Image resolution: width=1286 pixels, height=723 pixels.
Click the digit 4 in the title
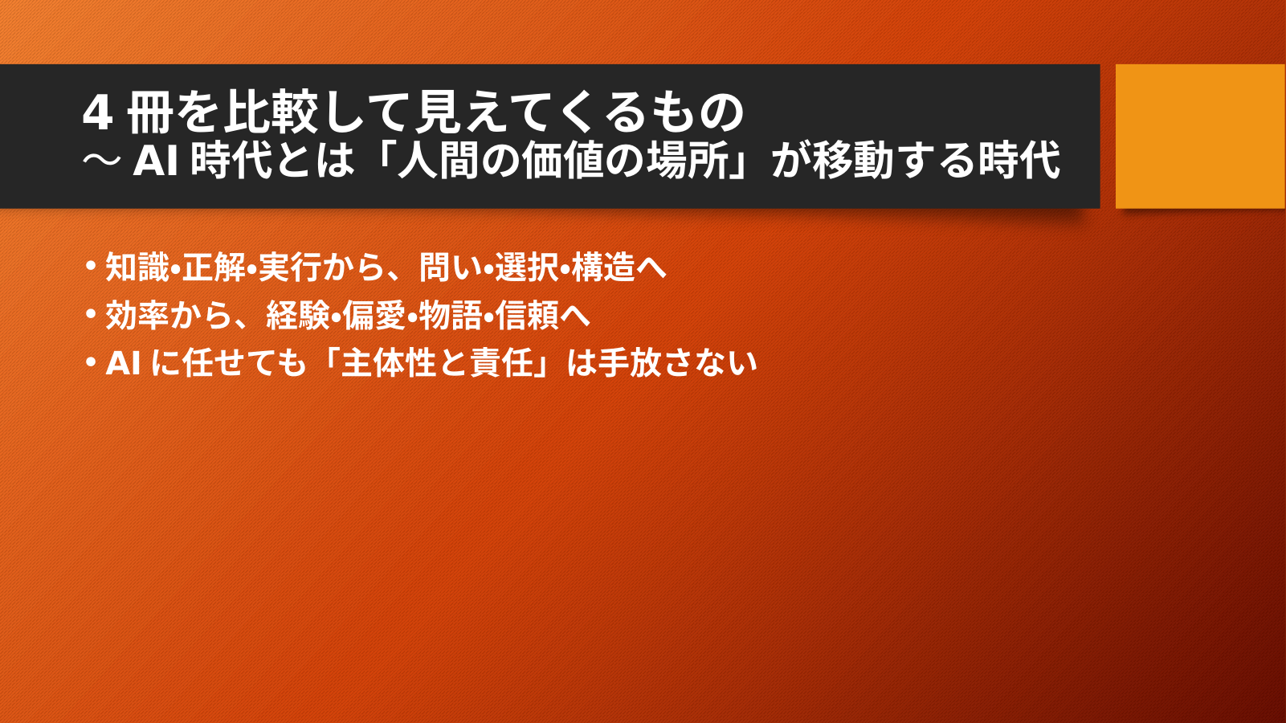[x=96, y=114]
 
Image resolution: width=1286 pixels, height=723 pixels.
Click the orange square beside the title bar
[x=1201, y=136]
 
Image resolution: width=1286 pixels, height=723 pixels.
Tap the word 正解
[x=214, y=267]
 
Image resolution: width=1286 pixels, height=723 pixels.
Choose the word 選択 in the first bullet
[x=527, y=267]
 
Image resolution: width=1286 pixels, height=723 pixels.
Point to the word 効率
[x=137, y=315]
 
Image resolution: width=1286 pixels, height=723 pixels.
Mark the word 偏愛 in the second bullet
[x=374, y=315]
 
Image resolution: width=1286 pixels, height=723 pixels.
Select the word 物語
[x=451, y=315]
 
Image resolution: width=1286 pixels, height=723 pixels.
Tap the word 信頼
[x=527, y=315]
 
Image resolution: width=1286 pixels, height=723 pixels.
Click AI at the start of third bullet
[x=124, y=364]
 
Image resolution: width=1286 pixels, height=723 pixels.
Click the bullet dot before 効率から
[x=91, y=314]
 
